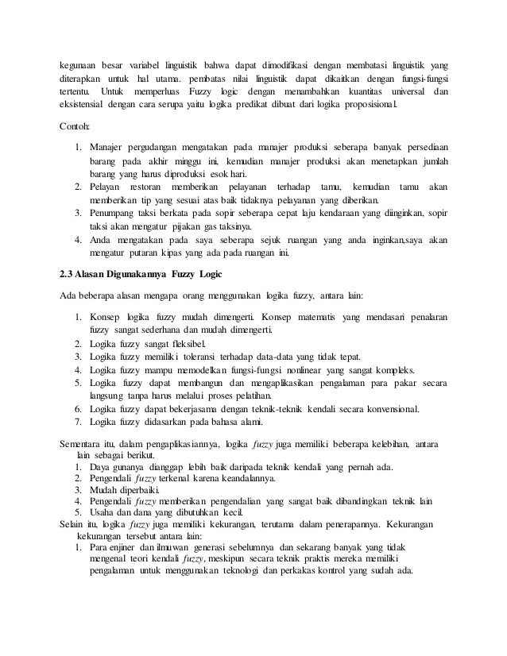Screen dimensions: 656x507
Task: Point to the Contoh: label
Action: tap(76, 127)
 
